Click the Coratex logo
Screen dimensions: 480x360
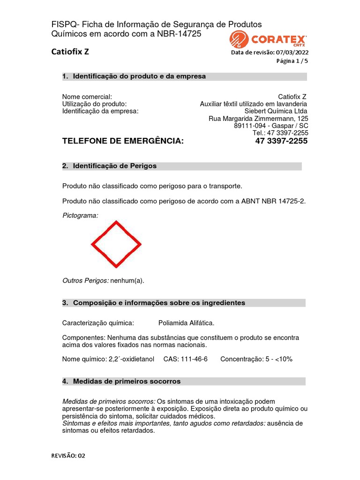coord(268,39)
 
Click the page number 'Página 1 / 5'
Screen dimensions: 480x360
coord(292,61)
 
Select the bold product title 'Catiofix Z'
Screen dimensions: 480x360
coord(70,52)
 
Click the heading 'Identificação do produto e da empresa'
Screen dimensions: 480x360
coord(139,76)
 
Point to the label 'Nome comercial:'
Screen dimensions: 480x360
coord(87,97)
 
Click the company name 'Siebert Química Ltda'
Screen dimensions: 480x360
coord(276,111)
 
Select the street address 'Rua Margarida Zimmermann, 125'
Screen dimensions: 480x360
coord(258,119)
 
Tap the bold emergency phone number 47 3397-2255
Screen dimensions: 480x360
coord(281,141)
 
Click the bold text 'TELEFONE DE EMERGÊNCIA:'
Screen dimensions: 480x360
coord(123,141)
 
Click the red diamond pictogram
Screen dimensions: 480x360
coord(116,244)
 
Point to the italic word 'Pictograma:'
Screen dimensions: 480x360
coord(80,215)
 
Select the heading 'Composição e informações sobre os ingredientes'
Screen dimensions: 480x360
coord(159,303)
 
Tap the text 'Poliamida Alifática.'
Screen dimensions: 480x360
coord(187,323)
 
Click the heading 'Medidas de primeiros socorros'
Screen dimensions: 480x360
coord(127,382)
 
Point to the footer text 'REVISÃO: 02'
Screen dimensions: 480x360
coord(68,455)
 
